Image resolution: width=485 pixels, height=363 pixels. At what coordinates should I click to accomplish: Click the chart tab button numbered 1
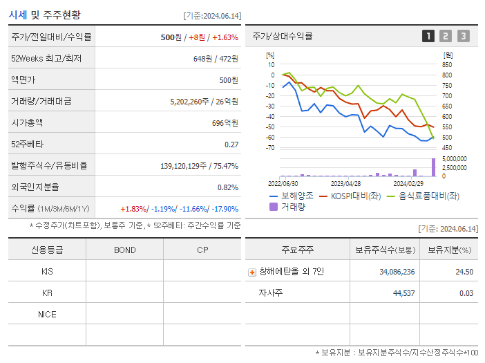click(x=428, y=36)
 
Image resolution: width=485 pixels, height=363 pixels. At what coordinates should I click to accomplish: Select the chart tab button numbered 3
click(x=463, y=36)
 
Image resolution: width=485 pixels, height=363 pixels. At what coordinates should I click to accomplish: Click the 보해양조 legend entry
click(x=292, y=196)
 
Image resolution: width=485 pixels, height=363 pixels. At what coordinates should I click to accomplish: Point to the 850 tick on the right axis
click(x=448, y=64)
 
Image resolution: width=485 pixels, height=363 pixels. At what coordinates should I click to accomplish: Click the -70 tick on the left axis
click(x=270, y=147)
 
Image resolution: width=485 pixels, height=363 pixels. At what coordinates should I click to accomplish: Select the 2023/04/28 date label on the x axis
click(x=345, y=184)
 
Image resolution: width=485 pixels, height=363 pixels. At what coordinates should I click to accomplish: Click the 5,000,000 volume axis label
click(x=454, y=158)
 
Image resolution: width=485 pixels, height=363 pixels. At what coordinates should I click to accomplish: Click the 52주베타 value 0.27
click(x=231, y=144)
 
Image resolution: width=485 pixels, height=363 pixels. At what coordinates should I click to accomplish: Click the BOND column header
click(x=124, y=250)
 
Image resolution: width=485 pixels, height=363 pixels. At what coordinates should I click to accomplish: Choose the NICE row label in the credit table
click(x=47, y=314)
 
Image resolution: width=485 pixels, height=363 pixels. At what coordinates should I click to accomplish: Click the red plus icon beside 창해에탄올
click(x=252, y=272)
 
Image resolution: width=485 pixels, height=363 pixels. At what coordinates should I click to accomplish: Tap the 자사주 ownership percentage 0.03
click(x=466, y=293)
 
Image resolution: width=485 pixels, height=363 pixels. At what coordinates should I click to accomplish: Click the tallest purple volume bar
click(x=434, y=167)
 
